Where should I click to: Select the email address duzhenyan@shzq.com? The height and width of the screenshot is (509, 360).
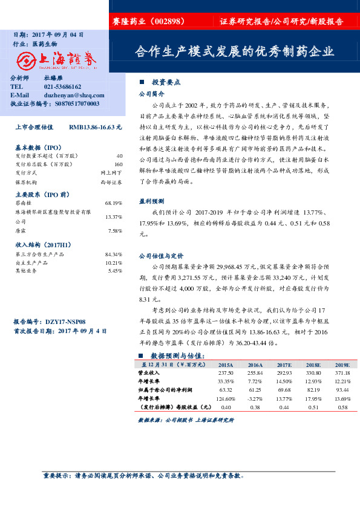(74, 96)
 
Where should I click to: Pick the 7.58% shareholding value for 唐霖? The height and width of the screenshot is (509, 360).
(115, 231)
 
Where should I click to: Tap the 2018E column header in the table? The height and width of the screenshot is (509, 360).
(313, 365)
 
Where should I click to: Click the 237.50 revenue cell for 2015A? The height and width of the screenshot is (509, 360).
(225, 374)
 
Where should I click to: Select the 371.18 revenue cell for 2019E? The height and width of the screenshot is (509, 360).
(342, 374)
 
